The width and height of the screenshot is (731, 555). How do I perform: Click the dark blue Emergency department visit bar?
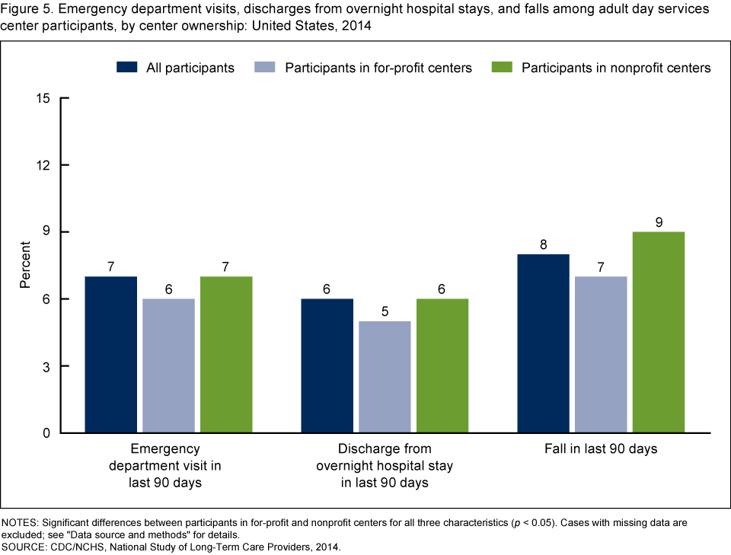tap(111, 355)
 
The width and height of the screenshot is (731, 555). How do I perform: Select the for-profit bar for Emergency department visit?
tap(168, 365)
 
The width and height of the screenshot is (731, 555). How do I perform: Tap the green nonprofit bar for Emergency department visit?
tap(226, 355)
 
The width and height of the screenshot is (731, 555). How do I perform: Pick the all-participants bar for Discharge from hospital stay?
tap(327, 365)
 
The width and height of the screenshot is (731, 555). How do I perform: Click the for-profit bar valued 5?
tap(385, 377)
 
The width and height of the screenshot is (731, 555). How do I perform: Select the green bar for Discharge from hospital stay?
tap(442, 365)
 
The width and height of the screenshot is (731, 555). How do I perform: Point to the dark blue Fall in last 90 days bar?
tap(544, 343)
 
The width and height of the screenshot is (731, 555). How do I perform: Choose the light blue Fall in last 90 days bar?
tap(601, 355)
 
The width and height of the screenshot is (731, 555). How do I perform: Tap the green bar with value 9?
tap(659, 332)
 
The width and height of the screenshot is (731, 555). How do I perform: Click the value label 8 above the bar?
tap(544, 245)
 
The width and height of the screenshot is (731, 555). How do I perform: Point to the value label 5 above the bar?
tap(385, 312)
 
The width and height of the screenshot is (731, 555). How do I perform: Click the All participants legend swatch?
tap(126, 67)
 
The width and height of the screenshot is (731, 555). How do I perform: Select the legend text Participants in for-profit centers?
tap(378, 68)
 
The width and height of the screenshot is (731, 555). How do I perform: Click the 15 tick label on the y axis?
tap(43, 98)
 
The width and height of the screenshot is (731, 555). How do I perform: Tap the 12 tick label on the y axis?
tap(43, 165)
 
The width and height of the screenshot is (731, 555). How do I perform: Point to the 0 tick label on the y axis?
tap(46, 433)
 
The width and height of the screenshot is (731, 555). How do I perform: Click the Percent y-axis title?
tap(25, 265)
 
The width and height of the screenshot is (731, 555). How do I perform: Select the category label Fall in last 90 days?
tap(601, 449)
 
